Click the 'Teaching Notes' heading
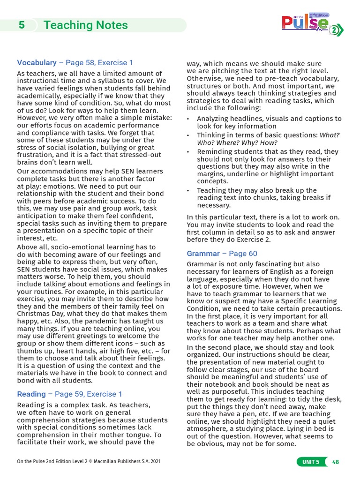[85, 25]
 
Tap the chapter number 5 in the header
[22, 25]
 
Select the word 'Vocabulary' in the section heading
[37, 62]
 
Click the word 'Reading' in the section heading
[31, 394]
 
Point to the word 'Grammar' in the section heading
[203, 254]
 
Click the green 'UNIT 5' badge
[311, 462]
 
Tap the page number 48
[335, 462]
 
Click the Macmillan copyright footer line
[89, 462]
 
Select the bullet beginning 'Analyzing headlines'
[269, 122]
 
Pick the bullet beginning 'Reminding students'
[267, 166]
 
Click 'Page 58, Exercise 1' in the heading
[99, 62]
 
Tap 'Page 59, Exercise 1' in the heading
[89, 394]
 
